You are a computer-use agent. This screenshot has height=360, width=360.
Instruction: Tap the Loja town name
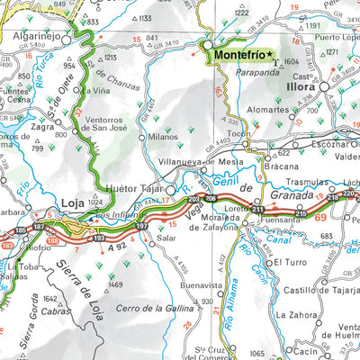[x=72, y=204]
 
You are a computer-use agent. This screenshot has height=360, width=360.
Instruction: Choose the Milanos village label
[x=162, y=138]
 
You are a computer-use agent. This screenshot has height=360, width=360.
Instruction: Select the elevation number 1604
[x=291, y=62]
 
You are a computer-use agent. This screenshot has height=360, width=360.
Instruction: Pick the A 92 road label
[x=116, y=246]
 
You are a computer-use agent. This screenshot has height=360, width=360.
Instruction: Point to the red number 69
[x=322, y=217]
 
